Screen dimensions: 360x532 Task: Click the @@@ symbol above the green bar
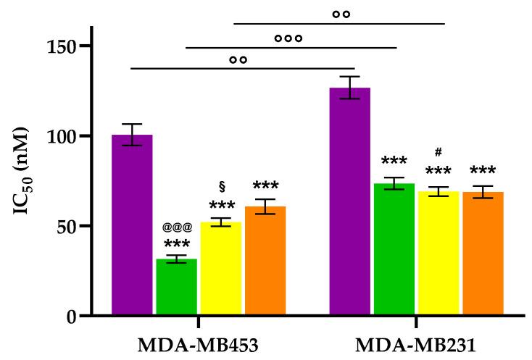[x=177, y=227]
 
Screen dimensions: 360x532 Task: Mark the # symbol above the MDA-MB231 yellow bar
[x=439, y=152]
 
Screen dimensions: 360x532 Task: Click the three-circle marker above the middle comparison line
[x=288, y=38]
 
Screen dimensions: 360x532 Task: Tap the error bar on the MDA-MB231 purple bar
[x=349, y=88]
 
